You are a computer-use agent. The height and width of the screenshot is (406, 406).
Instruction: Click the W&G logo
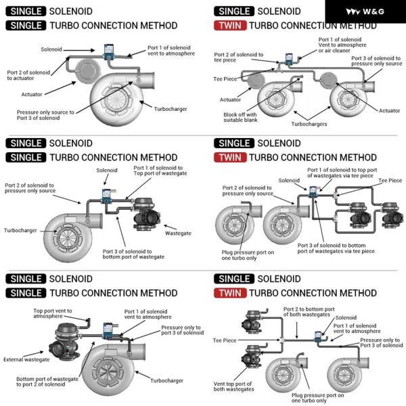coord(365,11)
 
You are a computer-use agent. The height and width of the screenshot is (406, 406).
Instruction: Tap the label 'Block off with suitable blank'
coord(246,118)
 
